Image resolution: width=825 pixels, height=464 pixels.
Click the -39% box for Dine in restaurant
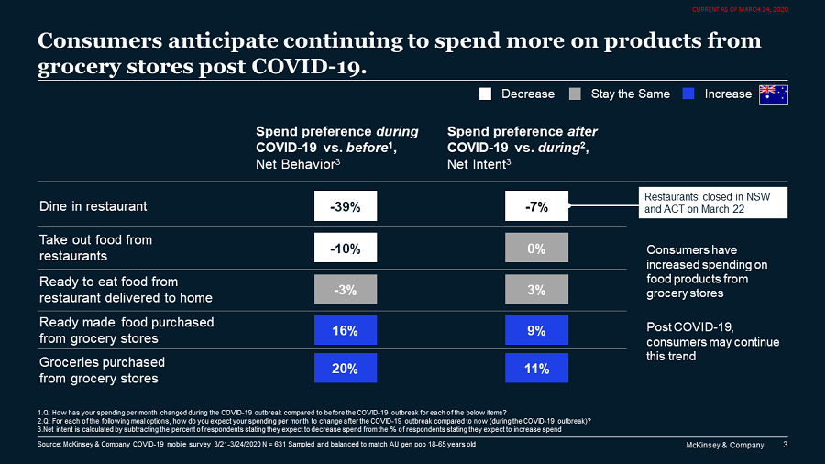(345, 206)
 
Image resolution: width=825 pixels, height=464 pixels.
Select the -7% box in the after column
(536, 206)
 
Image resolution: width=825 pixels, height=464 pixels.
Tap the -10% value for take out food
(345, 249)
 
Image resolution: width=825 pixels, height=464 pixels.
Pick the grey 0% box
(536, 249)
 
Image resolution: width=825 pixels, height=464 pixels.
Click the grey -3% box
(345, 290)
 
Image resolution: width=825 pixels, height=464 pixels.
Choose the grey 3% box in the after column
(536, 290)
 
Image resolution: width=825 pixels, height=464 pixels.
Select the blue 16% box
(345, 331)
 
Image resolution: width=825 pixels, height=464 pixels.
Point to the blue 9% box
(536, 331)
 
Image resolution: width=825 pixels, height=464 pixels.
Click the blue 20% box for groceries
(345, 369)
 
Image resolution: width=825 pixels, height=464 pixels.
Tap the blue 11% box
(536, 369)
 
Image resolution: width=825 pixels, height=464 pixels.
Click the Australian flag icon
(774, 94)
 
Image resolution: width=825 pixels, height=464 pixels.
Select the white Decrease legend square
(486, 94)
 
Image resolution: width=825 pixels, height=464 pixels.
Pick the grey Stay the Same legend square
(576, 94)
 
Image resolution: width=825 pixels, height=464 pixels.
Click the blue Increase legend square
(689, 94)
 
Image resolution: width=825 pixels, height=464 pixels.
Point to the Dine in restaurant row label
(93, 206)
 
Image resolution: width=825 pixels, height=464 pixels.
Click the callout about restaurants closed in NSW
(713, 203)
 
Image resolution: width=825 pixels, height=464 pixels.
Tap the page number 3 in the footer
(785, 445)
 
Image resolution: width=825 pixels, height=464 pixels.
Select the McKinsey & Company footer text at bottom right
(725, 445)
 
